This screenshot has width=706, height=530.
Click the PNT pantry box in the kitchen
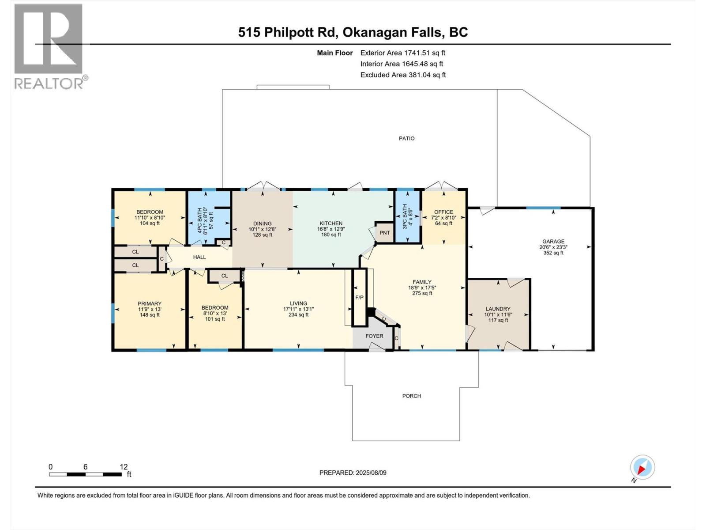pyautogui.click(x=385, y=233)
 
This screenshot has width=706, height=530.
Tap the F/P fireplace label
pyautogui.click(x=360, y=297)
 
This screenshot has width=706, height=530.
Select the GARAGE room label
pyautogui.click(x=553, y=241)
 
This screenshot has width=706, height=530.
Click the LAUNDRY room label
pyautogui.click(x=498, y=309)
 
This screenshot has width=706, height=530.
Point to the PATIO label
pyautogui.click(x=406, y=138)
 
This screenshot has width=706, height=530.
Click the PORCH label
pyautogui.click(x=411, y=396)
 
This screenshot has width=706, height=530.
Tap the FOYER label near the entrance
pyautogui.click(x=374, y=336)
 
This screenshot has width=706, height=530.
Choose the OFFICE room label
pyautogui.click(x=443, y=212)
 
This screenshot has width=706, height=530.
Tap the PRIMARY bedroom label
pyautogui.click(x=150, y=303)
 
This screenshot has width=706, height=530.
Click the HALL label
pyautogui.click(x=199, y=257)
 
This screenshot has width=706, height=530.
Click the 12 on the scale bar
pyautogui.click(x=124, y=466)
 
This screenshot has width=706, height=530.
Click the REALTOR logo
pyautogui.click(x=49, y=46)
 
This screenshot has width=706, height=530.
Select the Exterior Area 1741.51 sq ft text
pyautogui.click(x=402, y=53)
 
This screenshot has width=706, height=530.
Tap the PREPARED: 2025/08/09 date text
pyautogui.click(x=353, y=473)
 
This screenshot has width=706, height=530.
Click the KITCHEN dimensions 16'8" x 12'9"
pyautogui.click(x=331, y=229)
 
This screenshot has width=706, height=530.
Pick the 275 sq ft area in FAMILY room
pyautogui.click(x=422, y=293)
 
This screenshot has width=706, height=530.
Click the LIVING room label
pyautogui.click(x=298, y=303)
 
